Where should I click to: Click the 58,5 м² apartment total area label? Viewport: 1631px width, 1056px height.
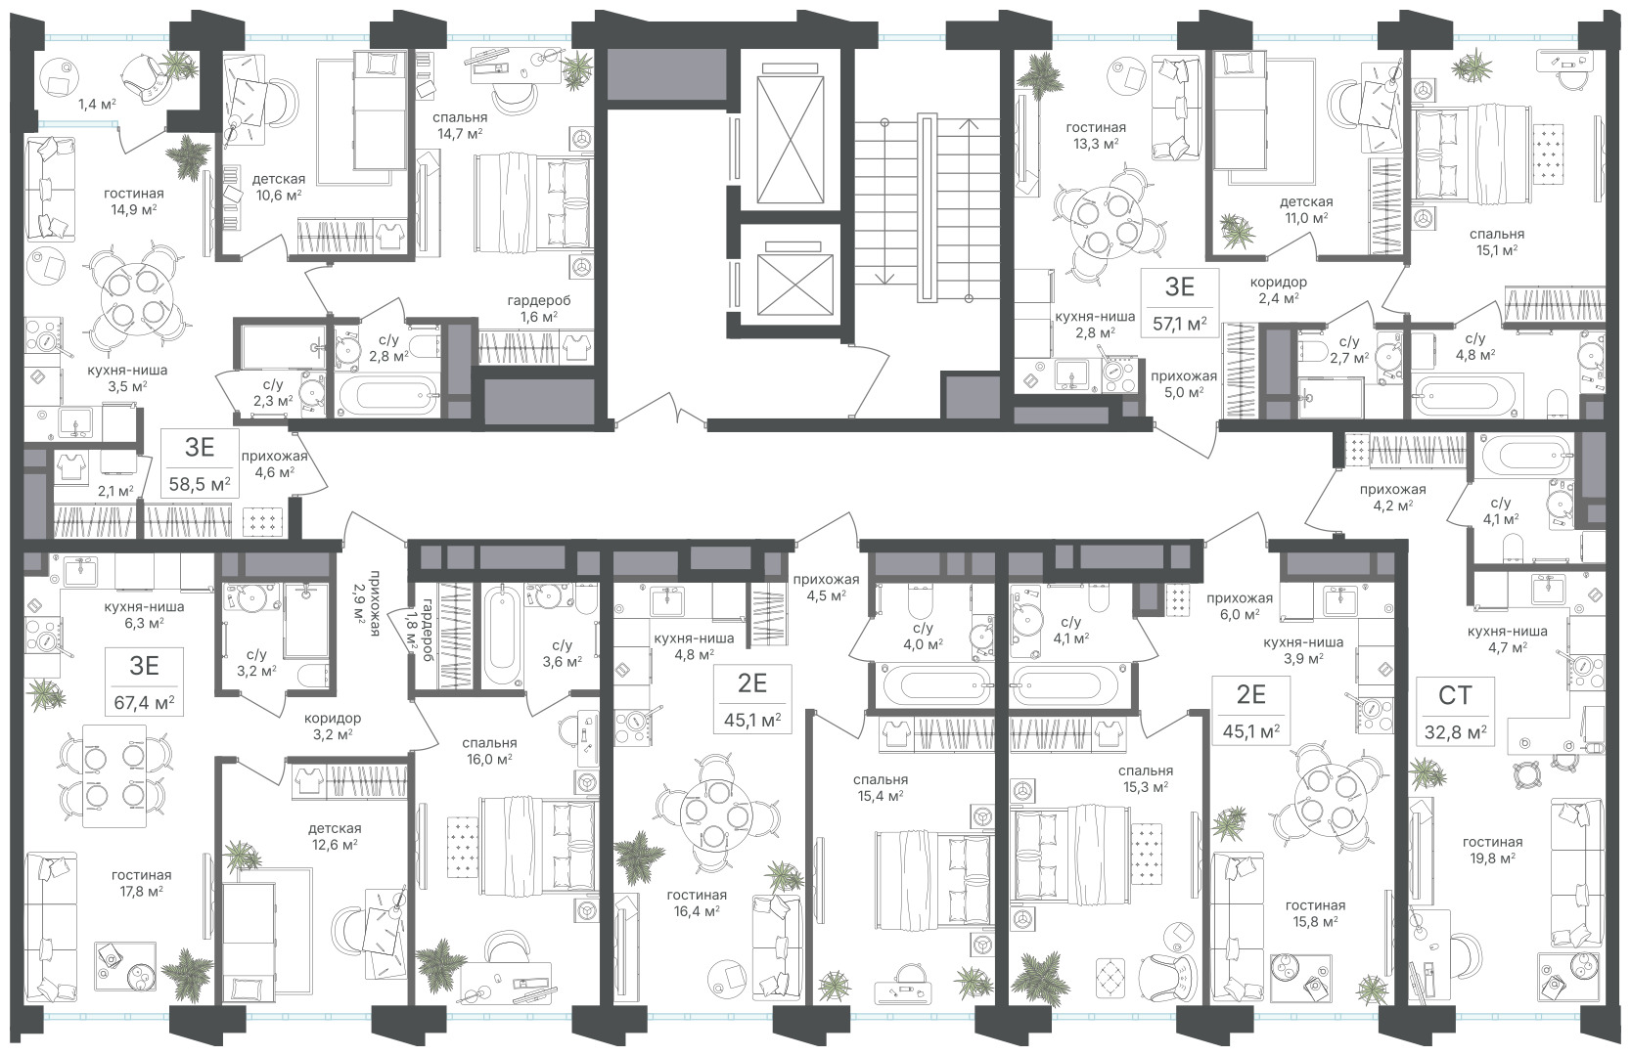pos(200,484)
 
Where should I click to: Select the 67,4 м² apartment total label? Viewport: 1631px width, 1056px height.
pos(144,703)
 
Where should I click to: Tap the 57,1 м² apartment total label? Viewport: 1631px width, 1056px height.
pos(1180,323)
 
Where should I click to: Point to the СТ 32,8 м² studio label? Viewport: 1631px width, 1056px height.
pos(1456,713)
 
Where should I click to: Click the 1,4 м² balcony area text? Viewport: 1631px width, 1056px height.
pos(97,104)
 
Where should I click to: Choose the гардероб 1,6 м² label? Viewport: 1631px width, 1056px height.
pos(539,308)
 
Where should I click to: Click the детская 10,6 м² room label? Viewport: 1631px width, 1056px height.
pos(279,187)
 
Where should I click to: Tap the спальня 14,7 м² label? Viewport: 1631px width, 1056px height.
pos(460,125)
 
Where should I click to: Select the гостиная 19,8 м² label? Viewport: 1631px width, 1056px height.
pos(1493,850)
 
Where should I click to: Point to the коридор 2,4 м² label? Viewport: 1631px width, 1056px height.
pos(1279,289)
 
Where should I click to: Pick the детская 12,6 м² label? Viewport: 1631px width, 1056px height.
pos(335,836)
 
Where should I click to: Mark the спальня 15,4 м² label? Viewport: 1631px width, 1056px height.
pos(882,787)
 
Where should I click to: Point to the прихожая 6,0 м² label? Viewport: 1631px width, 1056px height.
pos(1240,605)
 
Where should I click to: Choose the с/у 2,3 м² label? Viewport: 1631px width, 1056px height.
pos(273,391)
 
